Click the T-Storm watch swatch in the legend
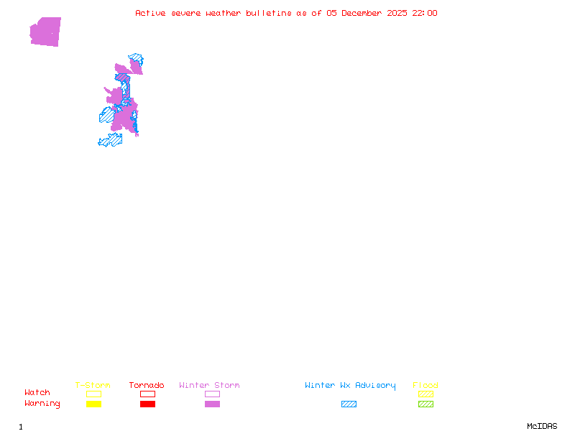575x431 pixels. click(x=93, y=394)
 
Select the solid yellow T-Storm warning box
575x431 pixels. click(x=93, y=404)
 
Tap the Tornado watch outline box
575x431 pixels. click(x=147, y=394)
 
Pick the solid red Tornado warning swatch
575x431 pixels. click(x=147, y=404)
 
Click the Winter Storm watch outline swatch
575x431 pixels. click(x=212, y=394)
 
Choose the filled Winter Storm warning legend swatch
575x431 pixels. click(x=212, y=404)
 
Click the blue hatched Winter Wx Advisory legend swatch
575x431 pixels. click(x=349, y=404)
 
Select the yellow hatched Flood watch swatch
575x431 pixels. click(x=425, y=394)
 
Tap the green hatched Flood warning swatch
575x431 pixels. click(x=425, y=404)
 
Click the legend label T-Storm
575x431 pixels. click(x=93, y=385)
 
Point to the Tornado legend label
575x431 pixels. click(x=147, y=385)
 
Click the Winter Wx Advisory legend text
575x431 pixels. click(x=350, y=385)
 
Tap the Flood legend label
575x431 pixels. click(x=425, y=385)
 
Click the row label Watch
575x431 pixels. click(x=37, y=393)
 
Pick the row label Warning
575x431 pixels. click(x=42, y=404)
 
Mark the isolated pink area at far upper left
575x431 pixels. click(x=45, y=32)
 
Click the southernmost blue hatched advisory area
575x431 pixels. click(x=111, y=140)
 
